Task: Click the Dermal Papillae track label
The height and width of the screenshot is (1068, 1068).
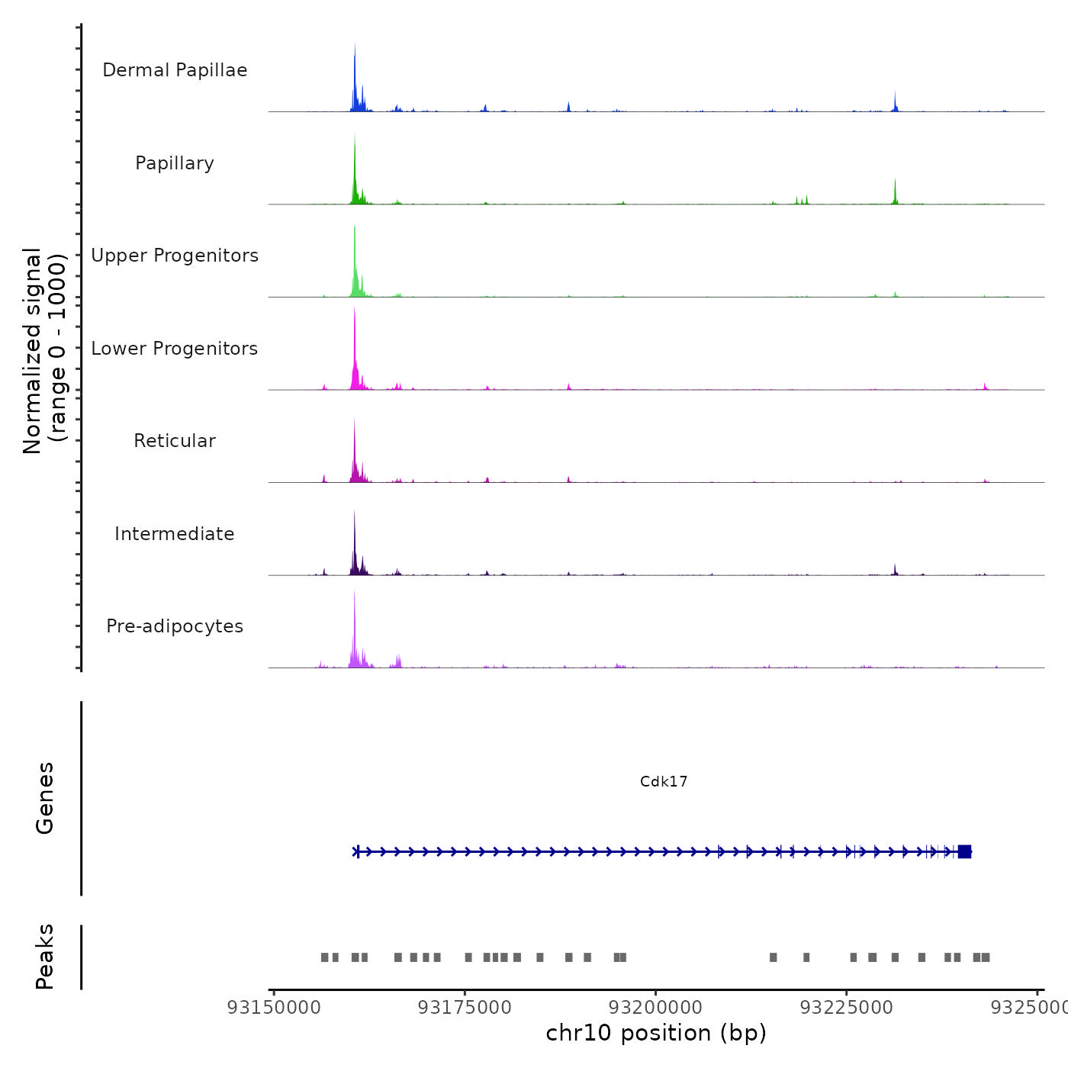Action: [175, 70]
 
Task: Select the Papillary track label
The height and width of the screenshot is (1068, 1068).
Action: [175, 163]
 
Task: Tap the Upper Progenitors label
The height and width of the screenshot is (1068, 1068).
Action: [175, 256]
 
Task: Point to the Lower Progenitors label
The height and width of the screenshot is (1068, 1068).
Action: [175, 349]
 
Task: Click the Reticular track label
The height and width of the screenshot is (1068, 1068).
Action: [175, 441]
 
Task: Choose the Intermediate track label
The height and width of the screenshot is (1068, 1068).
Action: [175, 534]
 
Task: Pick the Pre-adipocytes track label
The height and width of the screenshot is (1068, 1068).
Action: [175, 626]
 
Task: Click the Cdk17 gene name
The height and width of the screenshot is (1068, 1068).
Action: [664, 781]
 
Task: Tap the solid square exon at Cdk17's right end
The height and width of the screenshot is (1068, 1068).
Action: [964, 851]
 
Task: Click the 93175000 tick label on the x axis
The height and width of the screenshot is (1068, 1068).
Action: [465, 1008]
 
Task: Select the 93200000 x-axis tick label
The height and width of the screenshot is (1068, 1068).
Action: [655, 1008]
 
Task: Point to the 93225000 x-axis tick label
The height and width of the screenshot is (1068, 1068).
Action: [846, 1008]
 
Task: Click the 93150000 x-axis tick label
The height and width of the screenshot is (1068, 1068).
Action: [274, 1008]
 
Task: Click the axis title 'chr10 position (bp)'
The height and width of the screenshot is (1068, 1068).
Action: [656, 1033]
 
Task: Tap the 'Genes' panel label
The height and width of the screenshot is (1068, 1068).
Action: [45, 798]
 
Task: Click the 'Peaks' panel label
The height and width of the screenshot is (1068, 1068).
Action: [45, 957]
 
